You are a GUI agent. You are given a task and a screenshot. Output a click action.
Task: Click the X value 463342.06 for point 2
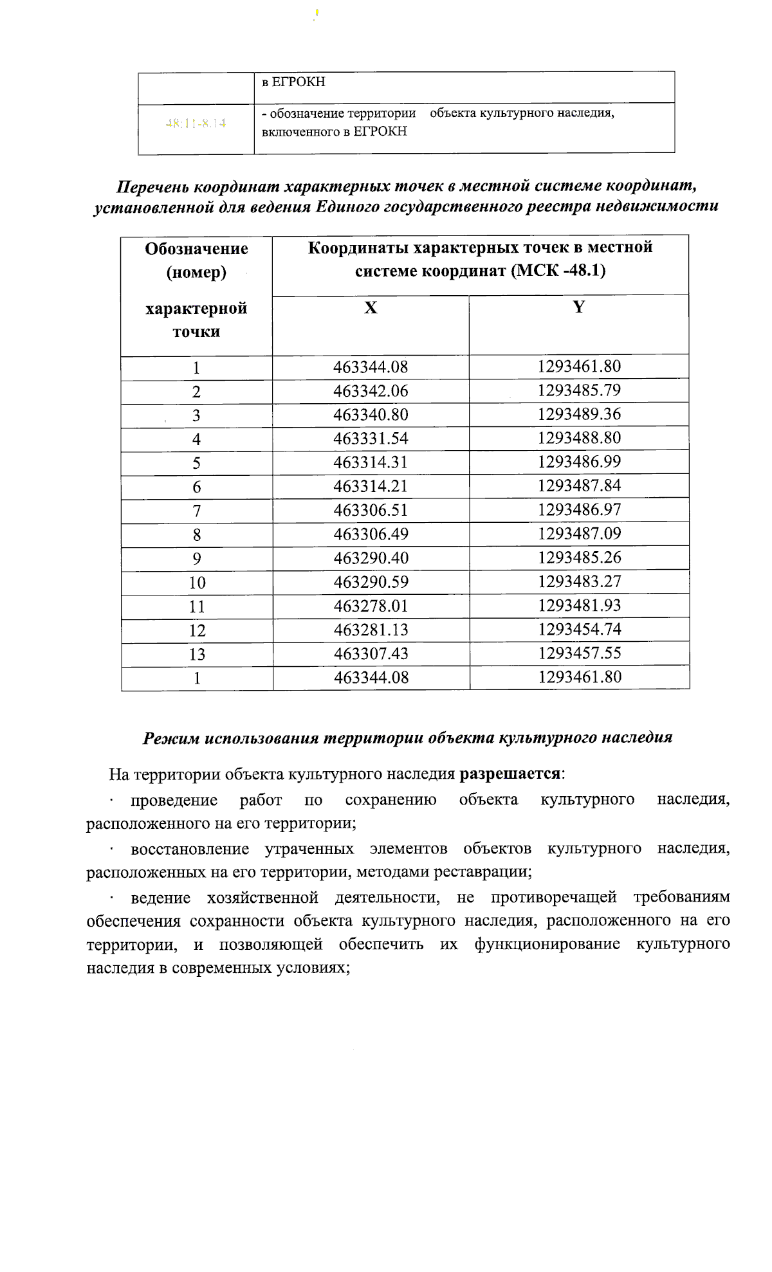click(x=371, y=391)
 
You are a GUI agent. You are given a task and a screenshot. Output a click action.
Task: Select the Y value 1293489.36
click(x=579, y=414)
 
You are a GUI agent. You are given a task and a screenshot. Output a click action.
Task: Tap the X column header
click(x=371, y=308)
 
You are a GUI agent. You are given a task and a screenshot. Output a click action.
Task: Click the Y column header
click(x=579, y=307)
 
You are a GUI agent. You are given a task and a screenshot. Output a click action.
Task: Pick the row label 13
click(x=197, y=654)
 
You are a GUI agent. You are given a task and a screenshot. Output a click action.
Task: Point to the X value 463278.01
click(x=371, y=606)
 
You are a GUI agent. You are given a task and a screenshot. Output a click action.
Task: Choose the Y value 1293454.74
click(x=579, y=629)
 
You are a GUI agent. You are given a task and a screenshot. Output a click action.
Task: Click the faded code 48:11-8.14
click(x=196, y=123)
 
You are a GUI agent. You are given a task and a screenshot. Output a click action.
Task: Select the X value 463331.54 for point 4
click(x=371, y=439)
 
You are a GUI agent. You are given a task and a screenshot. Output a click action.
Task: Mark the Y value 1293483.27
click(x=579, y=581)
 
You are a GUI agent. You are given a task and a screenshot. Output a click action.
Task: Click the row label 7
click(x=197, y=511)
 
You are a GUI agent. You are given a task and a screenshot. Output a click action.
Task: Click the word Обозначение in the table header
click(x=196, y=249)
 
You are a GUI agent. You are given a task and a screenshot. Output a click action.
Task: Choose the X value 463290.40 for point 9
click(x=371, y=558)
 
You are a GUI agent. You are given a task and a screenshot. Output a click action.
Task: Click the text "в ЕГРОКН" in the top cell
click(x=293, y=82)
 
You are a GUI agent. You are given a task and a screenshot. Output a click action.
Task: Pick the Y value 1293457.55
click(x=579, y=653)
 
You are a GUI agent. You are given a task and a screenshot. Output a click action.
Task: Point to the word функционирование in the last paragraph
click(x=547, y=944)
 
